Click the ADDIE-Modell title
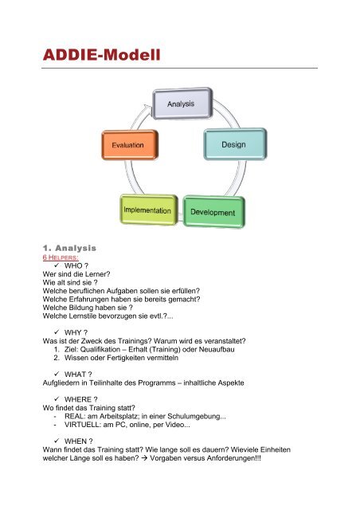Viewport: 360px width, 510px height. pos(101,55)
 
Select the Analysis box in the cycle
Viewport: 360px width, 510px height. pos(182,104)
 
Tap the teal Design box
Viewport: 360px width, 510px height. pos(235,144)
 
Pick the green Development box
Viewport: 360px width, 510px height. pos(213,212)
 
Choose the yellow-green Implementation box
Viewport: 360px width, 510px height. pos(149,210)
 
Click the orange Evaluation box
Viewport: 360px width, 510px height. pos(130,145)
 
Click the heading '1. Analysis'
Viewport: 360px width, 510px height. pos(69,248)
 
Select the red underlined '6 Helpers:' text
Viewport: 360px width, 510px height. pos(61,257)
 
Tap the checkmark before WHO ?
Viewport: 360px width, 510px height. pos(57,265)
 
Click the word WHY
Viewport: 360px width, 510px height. pos(72,332)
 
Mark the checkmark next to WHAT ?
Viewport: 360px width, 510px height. pos(57,374)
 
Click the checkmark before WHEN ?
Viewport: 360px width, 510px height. pos(57,441)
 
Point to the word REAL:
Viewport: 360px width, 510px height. pos(75,416)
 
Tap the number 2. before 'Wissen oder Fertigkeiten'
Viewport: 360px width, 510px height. pos(57,358)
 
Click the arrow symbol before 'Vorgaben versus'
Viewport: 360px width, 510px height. pos(144,458)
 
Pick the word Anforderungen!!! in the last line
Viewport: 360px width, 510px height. pos(233,458)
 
